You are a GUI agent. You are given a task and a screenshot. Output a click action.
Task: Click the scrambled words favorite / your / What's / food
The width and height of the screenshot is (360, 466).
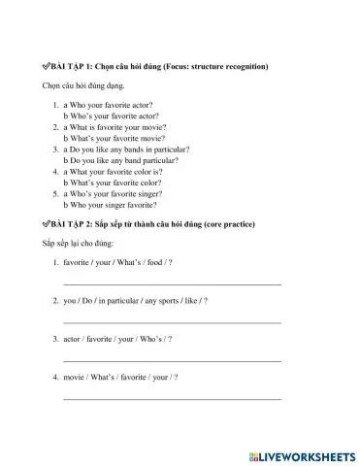(x=117, y=263)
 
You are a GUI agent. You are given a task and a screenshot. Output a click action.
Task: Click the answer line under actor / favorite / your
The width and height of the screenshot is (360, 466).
(x=172, y=359)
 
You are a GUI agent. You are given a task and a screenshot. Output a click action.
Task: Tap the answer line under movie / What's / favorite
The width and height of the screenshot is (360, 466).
(x=172, y=397)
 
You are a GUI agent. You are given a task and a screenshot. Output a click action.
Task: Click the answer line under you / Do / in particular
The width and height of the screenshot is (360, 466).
(x=172, y=321)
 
